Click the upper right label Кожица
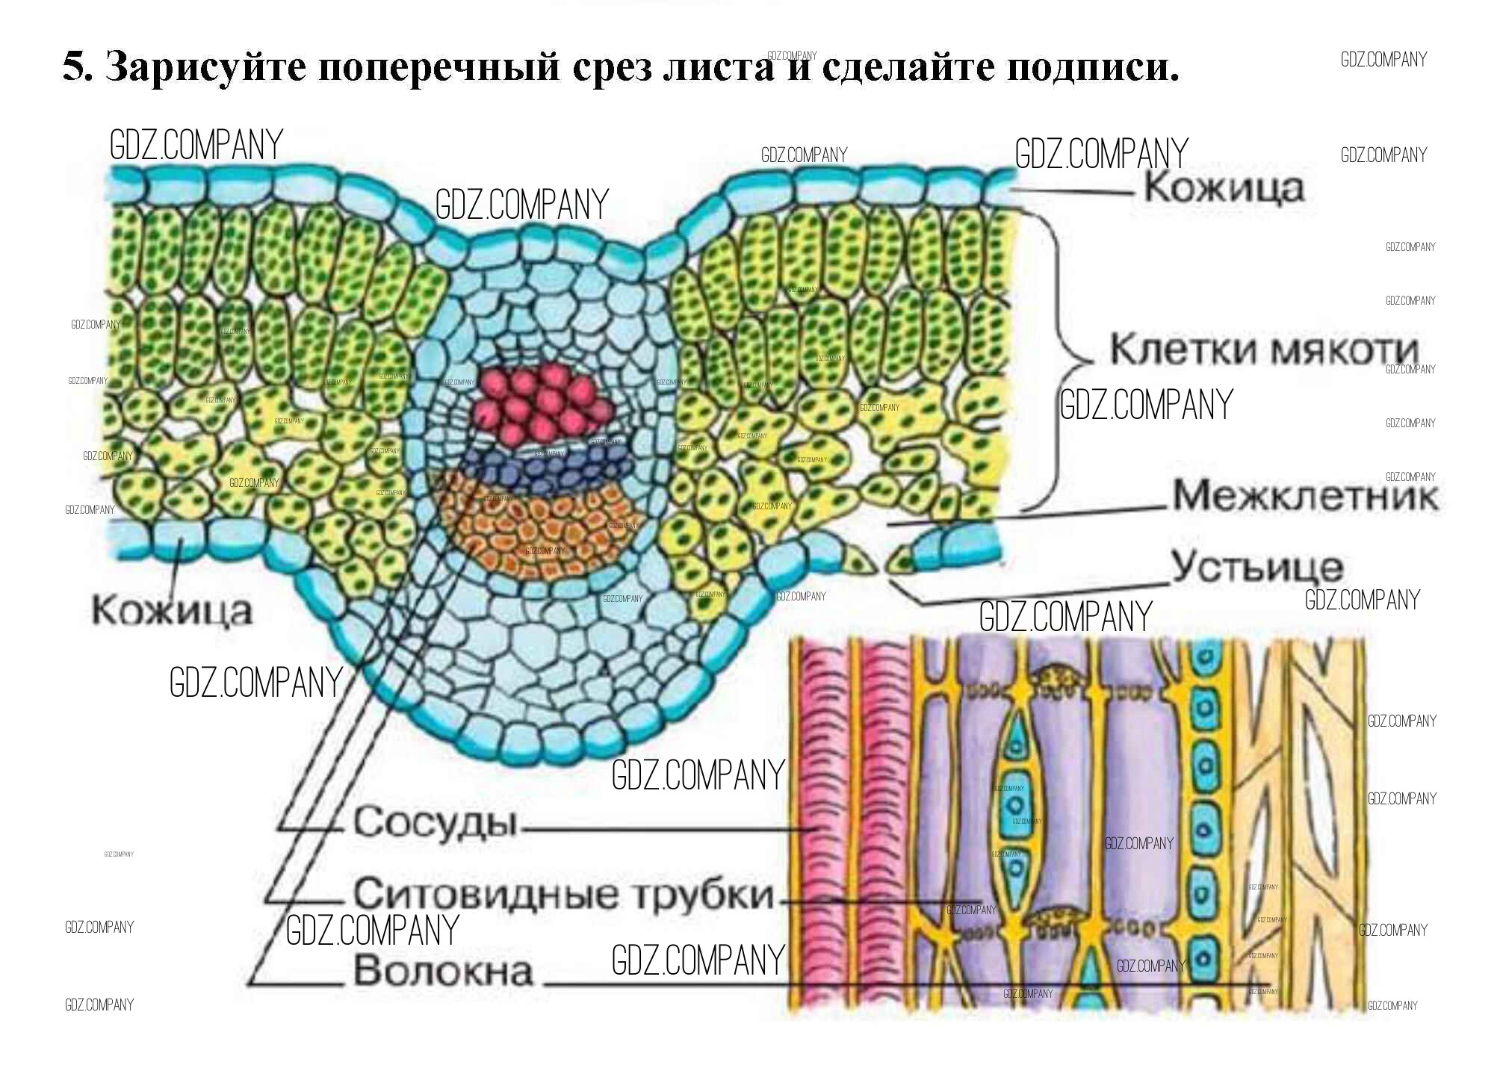click(x=1224, y=187)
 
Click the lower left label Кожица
click(x=172, y=611)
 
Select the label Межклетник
click(x=1304, y=495)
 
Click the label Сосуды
click(x=435, y=822)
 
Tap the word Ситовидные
click(x=486, y=893)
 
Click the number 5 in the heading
click(x=73, y=67)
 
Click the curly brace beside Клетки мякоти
click(x=1064, y=358)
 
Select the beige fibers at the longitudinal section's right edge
click(x=1322, y=822)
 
